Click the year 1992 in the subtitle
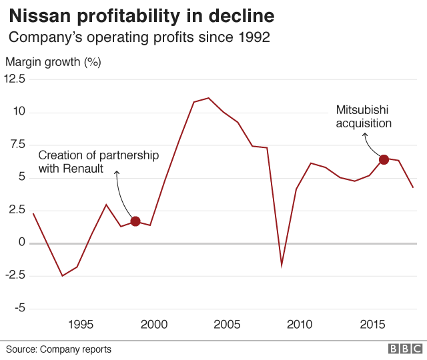254,37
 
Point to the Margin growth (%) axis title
53,63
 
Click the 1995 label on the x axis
80,325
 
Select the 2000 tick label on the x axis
153,325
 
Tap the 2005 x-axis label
227,325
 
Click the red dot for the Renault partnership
135,221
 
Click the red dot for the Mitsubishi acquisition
384,159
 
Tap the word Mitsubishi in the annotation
362,109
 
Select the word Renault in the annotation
83,169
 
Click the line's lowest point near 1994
62,276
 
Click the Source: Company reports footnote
59,349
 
